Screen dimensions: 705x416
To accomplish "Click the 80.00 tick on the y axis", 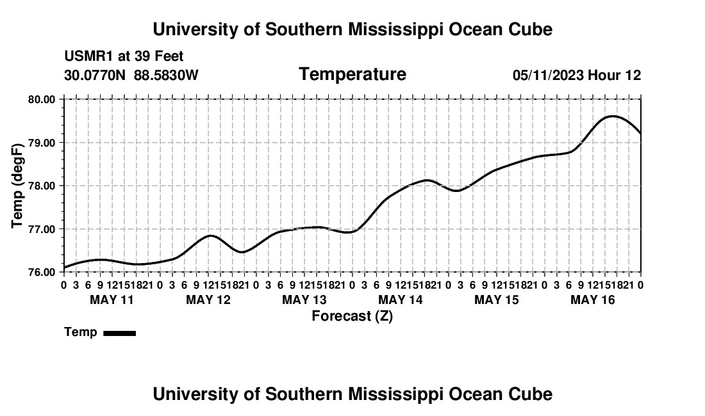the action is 42,99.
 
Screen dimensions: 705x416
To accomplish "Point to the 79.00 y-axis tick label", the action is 42,143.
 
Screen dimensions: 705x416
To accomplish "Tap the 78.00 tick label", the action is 42,186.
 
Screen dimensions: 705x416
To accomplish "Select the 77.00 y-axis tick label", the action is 42,229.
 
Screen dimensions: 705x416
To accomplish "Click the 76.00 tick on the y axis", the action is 42,273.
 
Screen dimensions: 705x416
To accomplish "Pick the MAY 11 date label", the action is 112,300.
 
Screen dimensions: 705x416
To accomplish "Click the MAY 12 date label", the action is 208,300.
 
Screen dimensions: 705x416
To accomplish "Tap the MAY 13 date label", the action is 304,300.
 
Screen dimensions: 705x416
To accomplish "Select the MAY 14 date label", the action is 401,300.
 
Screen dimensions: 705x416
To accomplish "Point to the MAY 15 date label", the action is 497,300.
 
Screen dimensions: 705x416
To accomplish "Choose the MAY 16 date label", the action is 593,300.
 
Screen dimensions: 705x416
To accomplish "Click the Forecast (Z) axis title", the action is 352,316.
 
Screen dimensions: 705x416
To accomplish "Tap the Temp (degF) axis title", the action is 17,186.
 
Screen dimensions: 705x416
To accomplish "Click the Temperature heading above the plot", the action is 352,74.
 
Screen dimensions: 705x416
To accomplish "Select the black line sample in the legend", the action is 120,333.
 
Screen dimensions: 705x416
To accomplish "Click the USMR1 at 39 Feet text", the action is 124,56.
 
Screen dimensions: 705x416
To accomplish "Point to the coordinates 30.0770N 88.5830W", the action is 131,75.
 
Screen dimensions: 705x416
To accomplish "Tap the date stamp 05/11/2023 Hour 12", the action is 577,75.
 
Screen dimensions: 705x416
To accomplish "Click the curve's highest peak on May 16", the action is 613,116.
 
